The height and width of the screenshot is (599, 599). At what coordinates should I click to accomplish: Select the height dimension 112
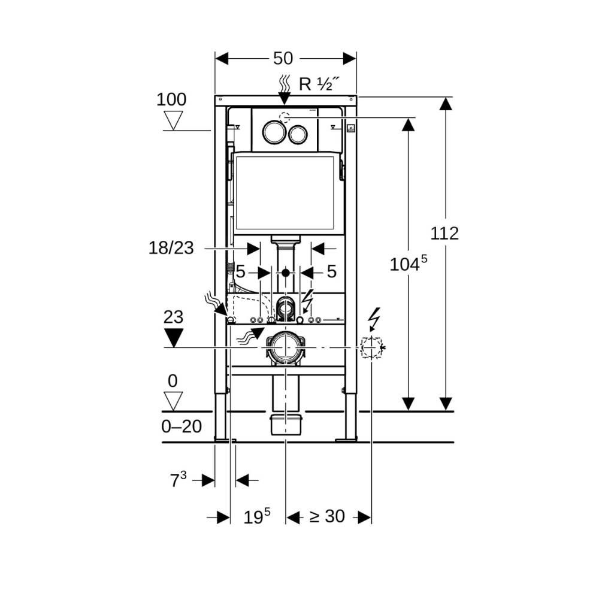tap(444, 233)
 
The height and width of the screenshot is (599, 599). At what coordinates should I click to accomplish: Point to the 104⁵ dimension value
tap(409, 264)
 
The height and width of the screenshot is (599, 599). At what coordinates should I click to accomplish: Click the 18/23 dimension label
tap(171, 248)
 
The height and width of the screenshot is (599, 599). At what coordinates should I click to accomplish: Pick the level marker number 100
tap(171, 99)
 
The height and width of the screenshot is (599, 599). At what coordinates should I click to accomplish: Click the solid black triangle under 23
tap(173, 337)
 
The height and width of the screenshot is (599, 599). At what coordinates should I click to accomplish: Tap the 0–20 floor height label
tap(181, 426)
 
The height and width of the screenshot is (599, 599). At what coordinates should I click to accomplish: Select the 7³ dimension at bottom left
tap(178, 480)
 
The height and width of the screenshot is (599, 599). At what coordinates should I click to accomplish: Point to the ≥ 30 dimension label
tap(328, 516)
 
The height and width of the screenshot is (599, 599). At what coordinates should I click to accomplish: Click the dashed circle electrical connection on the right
tap(371, 348)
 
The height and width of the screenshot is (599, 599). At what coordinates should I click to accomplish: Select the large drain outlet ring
tap(286, 347)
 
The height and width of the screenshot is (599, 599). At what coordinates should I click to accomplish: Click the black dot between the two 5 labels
tap(286, 273)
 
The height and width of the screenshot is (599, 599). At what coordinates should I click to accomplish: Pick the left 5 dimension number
tap(240, 272)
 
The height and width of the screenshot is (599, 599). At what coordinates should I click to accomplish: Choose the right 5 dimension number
tap(332, 272)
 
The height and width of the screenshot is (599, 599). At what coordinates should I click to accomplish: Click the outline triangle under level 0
tap(173, 400)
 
